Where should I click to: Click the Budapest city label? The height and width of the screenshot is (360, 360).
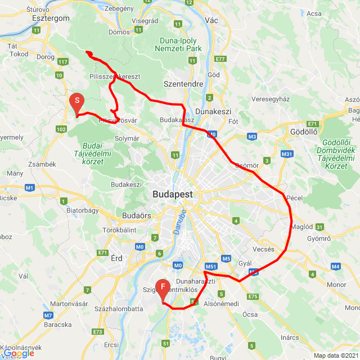[172, 194]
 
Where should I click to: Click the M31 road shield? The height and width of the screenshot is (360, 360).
[287, 154]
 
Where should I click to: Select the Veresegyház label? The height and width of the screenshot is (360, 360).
[270, 99]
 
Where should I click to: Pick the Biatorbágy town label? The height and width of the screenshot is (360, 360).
[83, 210]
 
